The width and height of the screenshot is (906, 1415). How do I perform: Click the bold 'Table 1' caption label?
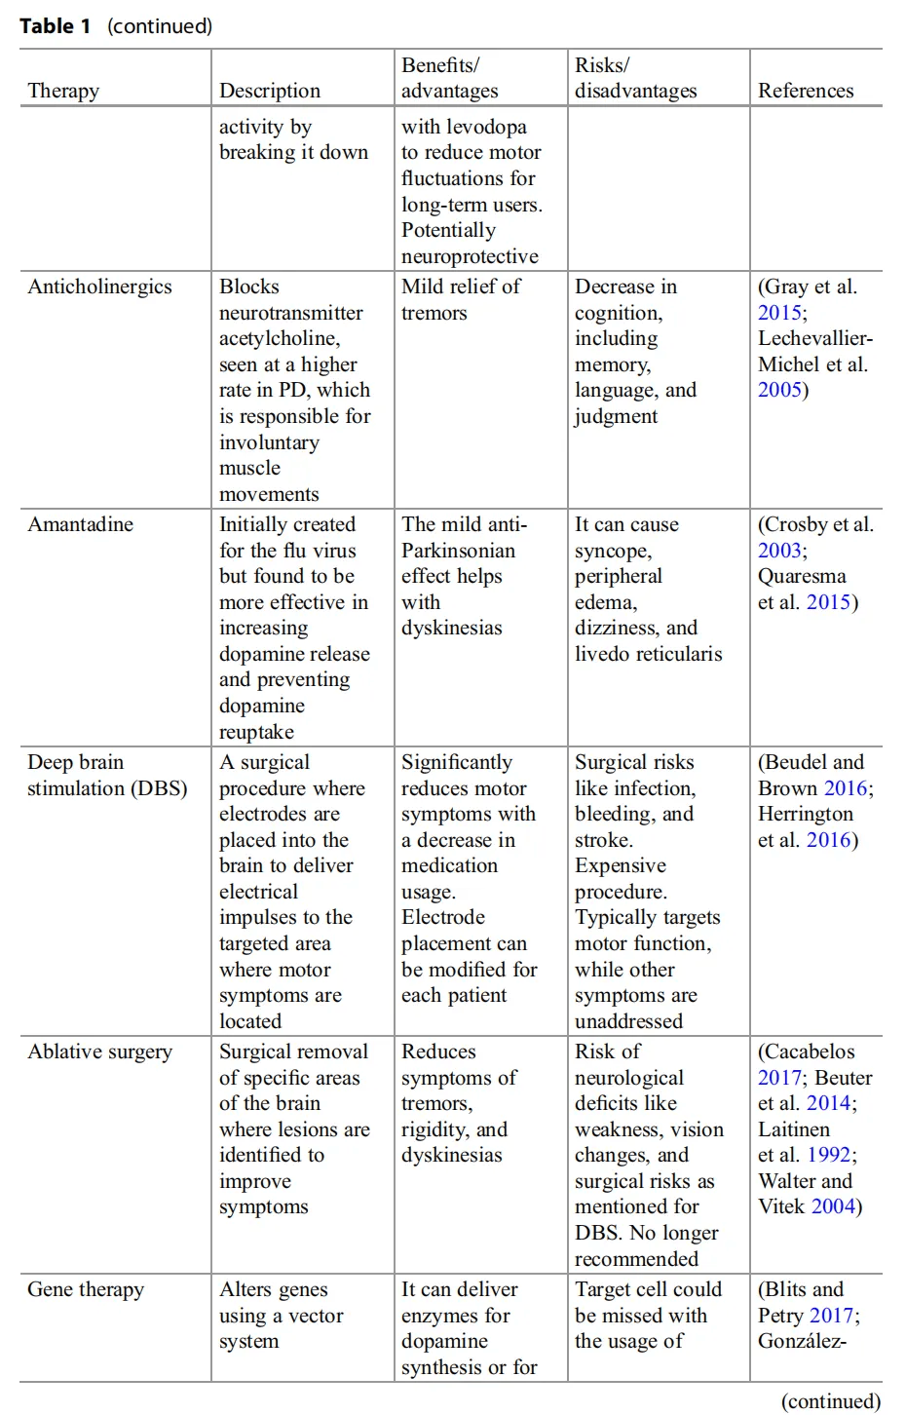pyautogui.click(x=55, y=26)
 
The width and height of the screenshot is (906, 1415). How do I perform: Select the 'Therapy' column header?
pyautogui.click(x=63, y=91)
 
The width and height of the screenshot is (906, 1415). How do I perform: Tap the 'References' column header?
pyautogui.click(x=806, y=91)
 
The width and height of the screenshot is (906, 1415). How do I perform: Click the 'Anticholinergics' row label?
pyautogui.click(x=99, y=287)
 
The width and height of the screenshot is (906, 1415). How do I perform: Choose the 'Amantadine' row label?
pyautogui.click(x=80, y=524)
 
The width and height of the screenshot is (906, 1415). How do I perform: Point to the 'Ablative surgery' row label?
pyautogui.click(x=99, y=1052)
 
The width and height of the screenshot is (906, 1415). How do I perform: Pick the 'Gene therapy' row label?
pyautogui.click(x=86, y=1289)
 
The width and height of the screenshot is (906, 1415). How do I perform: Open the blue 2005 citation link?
pyautogui.click(x=778, y=390)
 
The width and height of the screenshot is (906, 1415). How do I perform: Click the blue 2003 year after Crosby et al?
pyautogui.click(x=778, y=551)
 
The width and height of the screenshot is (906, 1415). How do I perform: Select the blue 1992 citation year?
pyautogui.click(x=828, y=1155)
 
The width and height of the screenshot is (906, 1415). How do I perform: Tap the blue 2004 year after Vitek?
pyautogui.click(x=833, y=1206)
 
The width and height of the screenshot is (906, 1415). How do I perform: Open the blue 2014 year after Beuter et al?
pyautogui.click(x=828, y=1103)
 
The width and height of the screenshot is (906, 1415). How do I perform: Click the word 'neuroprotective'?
pyautogui.click(x=470, y=256)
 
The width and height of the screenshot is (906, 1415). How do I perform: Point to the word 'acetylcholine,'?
pyautogui.click(x=280, y=338)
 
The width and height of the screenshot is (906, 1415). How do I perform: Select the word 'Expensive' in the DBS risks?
pyautogui.click(x=621, y=865)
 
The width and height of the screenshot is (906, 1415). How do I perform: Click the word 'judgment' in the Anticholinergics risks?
pyautogui.click(x=616, y=416)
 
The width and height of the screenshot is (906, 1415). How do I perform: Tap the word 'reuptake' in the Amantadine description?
pyautogui.click(x=256, y=732)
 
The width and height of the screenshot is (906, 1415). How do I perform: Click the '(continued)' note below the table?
pyautogui.click(x=830, y=1400)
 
